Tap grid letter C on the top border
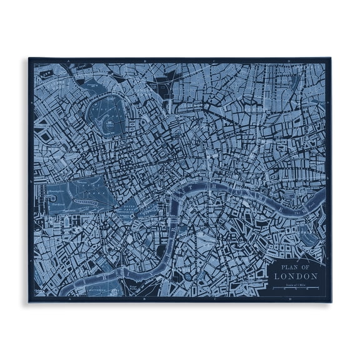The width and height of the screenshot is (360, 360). click(x=216, y=61)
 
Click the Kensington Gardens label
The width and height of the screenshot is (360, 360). click(x=59, y=191)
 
